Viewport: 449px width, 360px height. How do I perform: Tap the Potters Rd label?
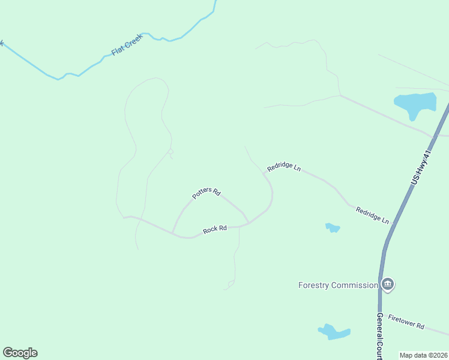(206, 194)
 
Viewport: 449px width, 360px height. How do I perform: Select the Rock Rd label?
(214, 229)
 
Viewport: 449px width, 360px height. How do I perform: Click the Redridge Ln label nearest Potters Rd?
(284, 166)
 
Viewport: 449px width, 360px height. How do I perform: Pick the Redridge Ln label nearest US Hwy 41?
(372, 215)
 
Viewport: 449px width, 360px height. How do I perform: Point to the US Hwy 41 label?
(421, 168)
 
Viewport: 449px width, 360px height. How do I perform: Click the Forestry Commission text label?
(338, 285)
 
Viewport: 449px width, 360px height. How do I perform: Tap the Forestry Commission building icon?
(388, 284)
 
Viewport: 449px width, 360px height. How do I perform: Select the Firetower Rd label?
(406, 322)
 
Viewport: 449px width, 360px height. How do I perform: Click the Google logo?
(20, 353)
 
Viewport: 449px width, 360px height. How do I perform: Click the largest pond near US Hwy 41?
(415, 104)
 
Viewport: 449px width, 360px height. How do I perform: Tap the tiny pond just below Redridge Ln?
(333, 227)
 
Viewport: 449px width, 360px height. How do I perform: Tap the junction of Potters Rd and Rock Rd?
(173, 233)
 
